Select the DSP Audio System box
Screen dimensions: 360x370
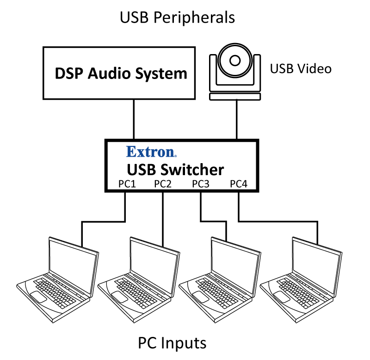(x=121, y=73)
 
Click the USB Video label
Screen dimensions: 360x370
(x=301, y=69)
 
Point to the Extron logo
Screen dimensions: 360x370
(x=151, y=152)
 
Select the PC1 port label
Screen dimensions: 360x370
(x=126, y=184)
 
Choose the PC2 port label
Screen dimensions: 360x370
(x=163, y=184)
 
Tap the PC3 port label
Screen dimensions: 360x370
(x=201, y=184)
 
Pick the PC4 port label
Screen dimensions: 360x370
(x=239, y=184)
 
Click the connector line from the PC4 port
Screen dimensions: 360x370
(x=277, y=221)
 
